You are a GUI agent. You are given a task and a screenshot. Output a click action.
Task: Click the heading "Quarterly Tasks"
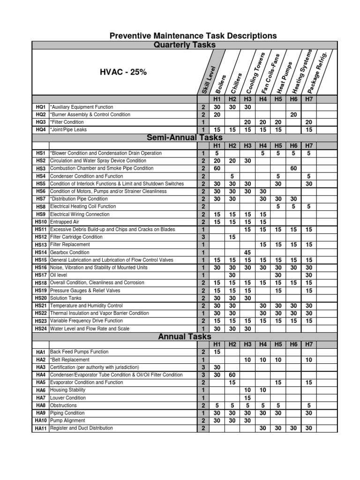click(185, 45)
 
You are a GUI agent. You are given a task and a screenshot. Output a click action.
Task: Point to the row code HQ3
click(40, 122)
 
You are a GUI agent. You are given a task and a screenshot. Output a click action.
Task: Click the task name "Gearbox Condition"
click(70, 252)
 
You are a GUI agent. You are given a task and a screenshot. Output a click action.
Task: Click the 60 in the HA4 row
click(232, 375)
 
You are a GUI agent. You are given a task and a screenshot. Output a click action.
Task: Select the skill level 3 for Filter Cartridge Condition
click(203, 237)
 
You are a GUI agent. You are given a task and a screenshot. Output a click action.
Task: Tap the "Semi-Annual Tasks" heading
click(185, 137)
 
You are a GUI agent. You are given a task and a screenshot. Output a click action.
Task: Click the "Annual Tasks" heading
click(185, 337)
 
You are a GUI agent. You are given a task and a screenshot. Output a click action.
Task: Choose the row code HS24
click(40, 329)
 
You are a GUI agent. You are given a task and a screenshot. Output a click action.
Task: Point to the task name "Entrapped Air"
click(66, 222)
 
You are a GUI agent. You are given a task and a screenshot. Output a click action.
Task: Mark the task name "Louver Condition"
click(67, 397)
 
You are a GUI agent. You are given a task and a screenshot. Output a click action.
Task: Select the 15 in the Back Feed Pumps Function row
click(217, 352)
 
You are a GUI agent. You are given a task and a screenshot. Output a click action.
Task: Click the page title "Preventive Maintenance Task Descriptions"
click(193, 36)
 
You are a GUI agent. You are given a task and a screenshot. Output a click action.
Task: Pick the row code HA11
click(40, 428)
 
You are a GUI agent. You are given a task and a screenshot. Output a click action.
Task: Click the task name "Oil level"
click(60, 275)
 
